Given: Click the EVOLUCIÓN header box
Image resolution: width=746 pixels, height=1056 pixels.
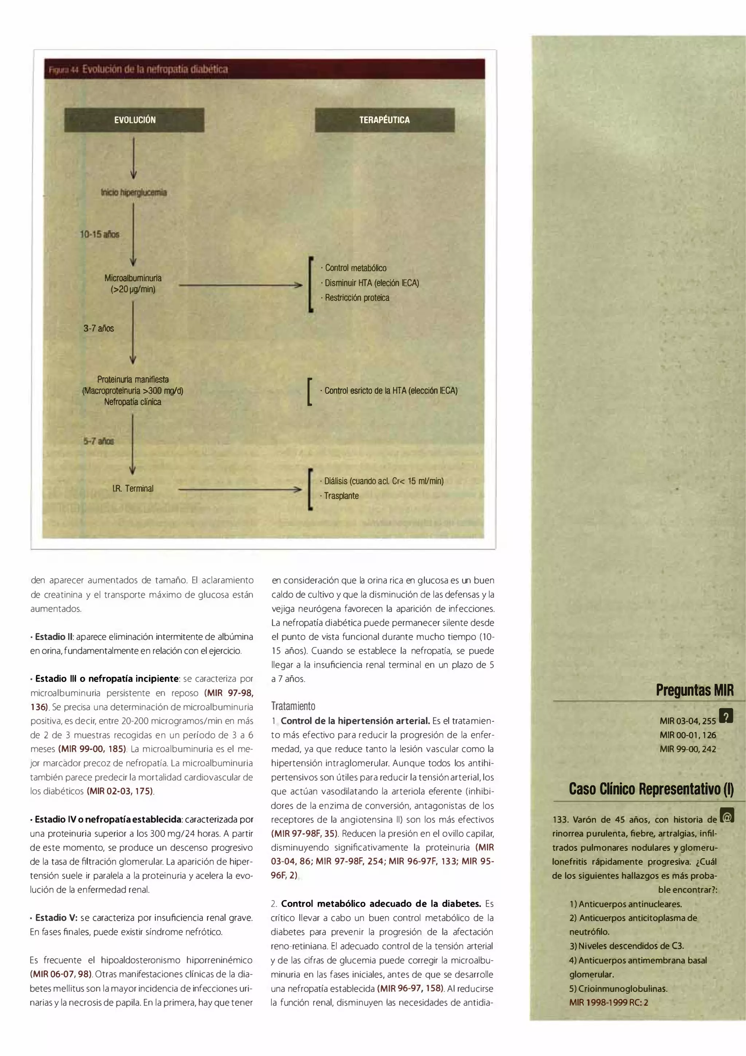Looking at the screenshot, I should point(134,120).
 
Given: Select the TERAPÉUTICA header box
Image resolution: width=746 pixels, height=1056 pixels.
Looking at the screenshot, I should point(384,120).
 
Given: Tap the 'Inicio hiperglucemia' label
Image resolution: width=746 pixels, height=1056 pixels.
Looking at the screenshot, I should point(134,193).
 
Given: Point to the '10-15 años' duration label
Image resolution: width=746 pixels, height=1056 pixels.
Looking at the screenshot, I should point(100,234).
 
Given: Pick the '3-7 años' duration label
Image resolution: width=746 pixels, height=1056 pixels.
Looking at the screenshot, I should point(98,328).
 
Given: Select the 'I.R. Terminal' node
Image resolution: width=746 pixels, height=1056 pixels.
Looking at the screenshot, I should point(133,488).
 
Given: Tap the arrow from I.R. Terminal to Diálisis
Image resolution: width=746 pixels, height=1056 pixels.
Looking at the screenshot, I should point(240,490).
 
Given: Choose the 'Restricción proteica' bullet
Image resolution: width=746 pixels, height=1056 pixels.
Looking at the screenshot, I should point(357,297).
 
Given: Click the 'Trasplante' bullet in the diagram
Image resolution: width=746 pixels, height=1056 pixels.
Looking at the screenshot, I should point(341,496).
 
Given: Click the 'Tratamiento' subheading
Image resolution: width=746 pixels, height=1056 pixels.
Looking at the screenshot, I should point(293,706).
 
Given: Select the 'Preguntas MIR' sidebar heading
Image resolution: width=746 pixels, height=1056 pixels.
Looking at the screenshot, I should point(695,690).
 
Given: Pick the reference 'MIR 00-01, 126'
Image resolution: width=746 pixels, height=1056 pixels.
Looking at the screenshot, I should point(688,735).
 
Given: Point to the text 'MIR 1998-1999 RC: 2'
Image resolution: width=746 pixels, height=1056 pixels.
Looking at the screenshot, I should point(609,1003).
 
